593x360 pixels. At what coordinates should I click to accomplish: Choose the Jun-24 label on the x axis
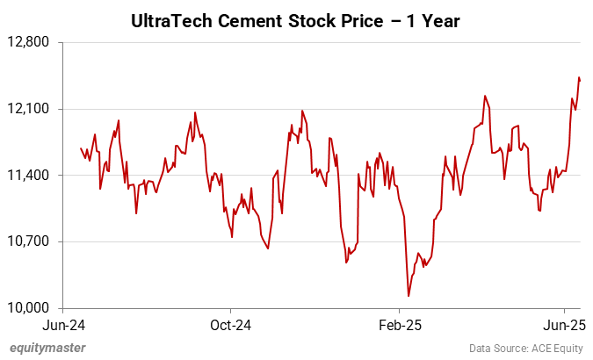(x=62, y=325)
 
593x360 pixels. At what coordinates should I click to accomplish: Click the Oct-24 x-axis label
(x=230, y=325)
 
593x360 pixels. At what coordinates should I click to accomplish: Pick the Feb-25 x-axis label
(x=400, y=325)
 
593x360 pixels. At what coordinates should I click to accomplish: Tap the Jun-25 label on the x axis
(x=566, y=325)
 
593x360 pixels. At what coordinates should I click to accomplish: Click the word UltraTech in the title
(x=172, y=19)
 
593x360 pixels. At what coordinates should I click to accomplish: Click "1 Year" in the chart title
(x=439, y=19)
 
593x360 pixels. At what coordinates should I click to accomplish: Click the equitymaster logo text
(x=47, y=348)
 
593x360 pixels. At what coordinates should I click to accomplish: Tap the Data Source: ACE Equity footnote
(x=526, y=349)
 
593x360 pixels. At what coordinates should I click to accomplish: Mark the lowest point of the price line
(x=409, y=296)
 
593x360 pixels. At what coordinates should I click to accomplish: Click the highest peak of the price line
(x=579, y=77)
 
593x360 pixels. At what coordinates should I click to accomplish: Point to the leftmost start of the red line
(x=81, y=148)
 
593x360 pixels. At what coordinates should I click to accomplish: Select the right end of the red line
(x=581, y=80)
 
